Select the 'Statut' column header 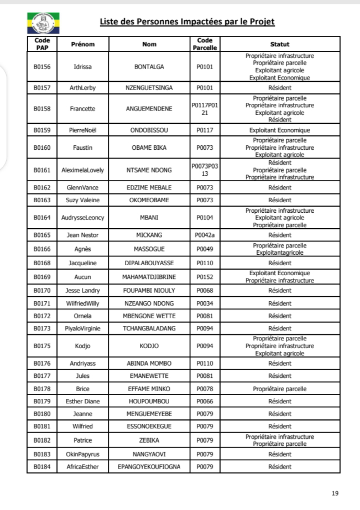[280, 44]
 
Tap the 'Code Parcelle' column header [205, 44]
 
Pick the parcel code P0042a [205, 235]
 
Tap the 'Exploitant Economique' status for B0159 [280, 130]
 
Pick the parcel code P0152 [205, 276]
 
